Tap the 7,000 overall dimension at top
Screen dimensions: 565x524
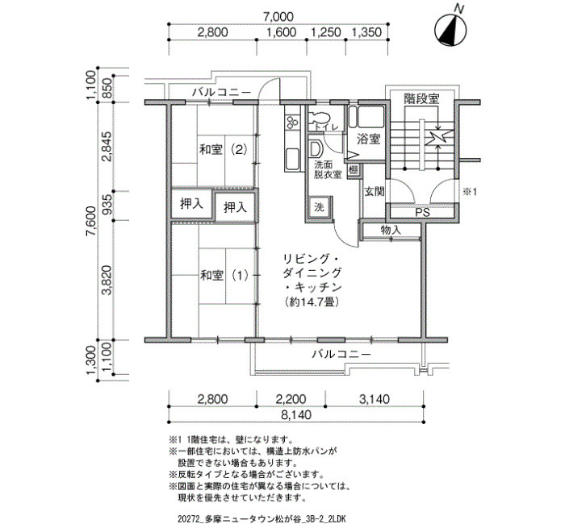278,17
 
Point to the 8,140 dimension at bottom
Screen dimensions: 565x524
296,415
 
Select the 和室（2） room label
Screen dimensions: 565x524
224,149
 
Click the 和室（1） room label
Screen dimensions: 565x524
224,276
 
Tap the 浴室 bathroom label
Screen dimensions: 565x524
369,139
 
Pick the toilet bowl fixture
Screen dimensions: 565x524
320,118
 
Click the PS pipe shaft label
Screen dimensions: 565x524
422,212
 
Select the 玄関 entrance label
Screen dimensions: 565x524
375,192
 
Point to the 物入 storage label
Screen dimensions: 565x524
391,230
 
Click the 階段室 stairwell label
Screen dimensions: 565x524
421,98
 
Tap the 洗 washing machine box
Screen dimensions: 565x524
319,207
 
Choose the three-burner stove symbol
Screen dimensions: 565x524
292,121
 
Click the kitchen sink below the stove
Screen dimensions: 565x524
292,159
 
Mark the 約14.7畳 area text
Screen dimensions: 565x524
312,302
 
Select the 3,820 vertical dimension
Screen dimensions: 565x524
107,280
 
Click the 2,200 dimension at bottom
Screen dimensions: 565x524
291,399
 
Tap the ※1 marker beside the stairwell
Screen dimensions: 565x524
470,192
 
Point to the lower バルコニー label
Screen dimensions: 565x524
341,355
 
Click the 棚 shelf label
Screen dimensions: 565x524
354,170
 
